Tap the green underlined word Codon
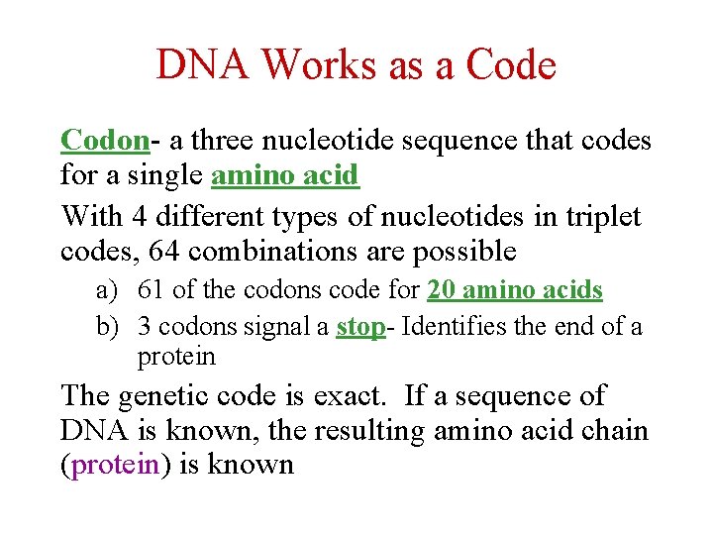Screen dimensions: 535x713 pyautogui.click(x=104, y=141)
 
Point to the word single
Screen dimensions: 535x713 pyautogui.click(x=168, y=177)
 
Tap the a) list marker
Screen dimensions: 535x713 pyautogui.click(x=107, y=291)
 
